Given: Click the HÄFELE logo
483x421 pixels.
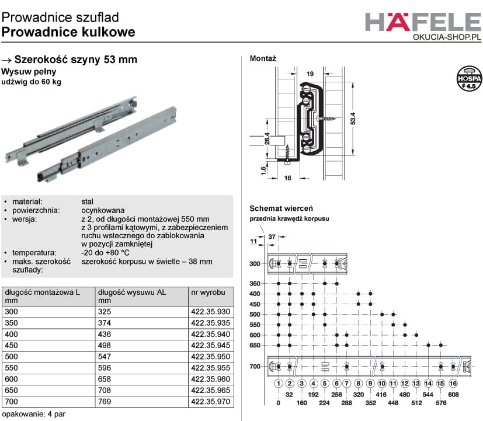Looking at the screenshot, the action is click(423, 22).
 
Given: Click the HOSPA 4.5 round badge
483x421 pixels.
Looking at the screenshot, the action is click(469, 78).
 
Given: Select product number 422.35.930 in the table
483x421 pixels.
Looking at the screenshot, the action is click(210, 312).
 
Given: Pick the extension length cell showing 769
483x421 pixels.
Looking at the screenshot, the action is click(105, 402).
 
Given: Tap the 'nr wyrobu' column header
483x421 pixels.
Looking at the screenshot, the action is click(208, 293).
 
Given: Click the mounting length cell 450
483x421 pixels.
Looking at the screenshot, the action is click(12, 346).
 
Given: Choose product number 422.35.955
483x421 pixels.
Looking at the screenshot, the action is click(210, 368).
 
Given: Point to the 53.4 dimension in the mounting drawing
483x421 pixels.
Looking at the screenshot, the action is click(353, 119).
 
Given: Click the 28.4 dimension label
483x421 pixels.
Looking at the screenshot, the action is click(267, 138).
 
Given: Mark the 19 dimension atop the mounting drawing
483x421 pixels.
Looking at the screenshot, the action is click(310, 74).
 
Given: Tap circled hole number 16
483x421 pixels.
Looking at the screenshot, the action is click(453, 384).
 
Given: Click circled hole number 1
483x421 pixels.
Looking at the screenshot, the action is click(279, 384).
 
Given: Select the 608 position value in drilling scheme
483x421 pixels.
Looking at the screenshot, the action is click(453, 395).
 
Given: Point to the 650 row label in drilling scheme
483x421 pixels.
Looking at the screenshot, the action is click(255, 346).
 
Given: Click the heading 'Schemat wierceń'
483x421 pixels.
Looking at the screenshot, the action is click(282, 208).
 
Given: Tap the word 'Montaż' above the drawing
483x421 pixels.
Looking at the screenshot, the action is click(263, 58).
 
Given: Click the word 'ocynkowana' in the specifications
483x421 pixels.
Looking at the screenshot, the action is click(103, 211).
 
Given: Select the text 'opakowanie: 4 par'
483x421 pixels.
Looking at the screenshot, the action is click(34, 414).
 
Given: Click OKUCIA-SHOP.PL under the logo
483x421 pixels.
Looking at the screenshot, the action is click(447, 37).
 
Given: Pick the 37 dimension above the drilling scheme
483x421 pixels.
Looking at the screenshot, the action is click(272, 237).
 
